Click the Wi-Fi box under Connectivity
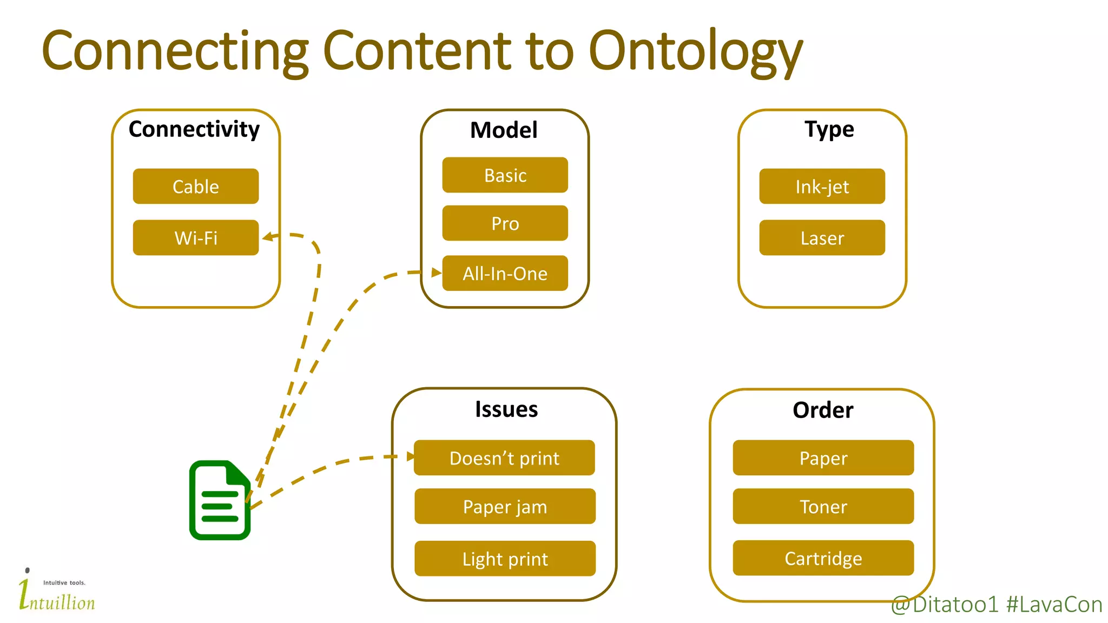tap(195, 237)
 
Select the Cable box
tap(195, 186)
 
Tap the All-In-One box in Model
tap(505, 273)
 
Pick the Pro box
tap(505, 223)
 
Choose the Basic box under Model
tap(505, 175)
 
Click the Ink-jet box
tap(821, 186)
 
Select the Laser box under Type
tap(821, 237)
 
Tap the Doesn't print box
tap(504, 458)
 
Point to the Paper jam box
tap(505, 506)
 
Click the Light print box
tap(505, 558)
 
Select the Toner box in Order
tap(822, 506)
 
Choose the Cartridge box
tap(822, 558)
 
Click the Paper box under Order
tap(822, 458)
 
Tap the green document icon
tap(220, 500)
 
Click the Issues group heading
tap(506, 409)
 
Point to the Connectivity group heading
tap(194, 129)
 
